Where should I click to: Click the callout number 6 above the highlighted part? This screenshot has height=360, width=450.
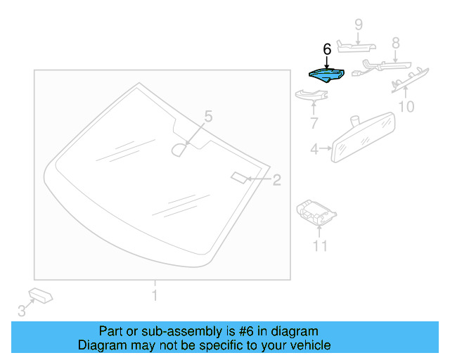click(326, 50)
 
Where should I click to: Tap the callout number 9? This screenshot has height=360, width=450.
click(358, 25)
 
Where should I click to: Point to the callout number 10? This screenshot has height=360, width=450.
click(406, 106)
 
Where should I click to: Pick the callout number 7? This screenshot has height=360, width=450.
click(314, 124)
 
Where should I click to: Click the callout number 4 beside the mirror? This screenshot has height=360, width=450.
click(314, 148)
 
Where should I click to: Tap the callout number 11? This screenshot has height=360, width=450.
click(321, 245)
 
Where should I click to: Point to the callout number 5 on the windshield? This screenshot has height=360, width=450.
click(207, 115)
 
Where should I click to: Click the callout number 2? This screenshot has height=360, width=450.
click(276, 180)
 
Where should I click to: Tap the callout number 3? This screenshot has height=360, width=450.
click(21, 310)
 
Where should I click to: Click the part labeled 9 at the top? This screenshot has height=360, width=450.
click(355, 47)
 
